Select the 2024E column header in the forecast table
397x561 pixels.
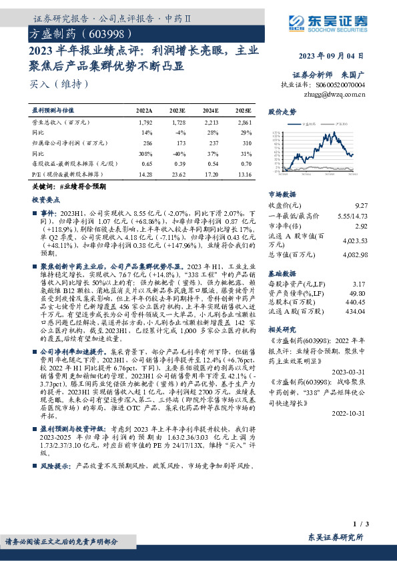211,110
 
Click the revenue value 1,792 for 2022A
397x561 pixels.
144,123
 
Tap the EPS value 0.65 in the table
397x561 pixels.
145,163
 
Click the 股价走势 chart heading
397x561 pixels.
282,112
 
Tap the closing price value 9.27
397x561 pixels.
361,206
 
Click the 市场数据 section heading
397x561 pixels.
282,194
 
